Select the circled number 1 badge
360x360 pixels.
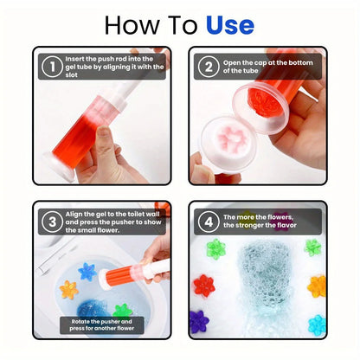point(51,66)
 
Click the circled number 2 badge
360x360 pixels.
point(209,66)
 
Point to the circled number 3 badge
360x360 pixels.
point(51,222)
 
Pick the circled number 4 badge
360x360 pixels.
point(209,222)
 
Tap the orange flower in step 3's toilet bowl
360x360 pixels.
point(68,289)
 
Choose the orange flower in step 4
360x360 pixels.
point(317,286)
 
